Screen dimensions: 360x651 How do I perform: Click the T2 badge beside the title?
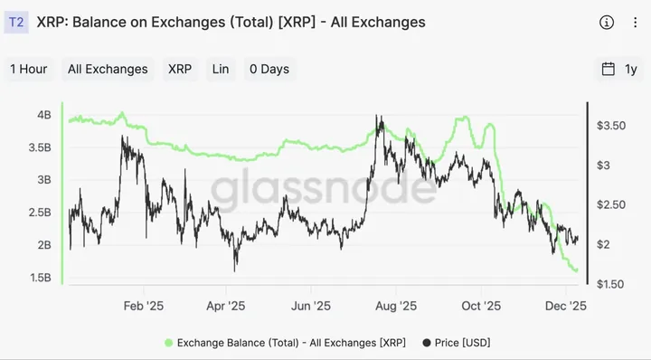tap(17, 22)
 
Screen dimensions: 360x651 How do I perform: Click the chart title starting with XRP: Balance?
tap(231, 22)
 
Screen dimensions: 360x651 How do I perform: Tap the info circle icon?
tap(606, 22)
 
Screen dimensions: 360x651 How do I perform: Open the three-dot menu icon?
tap(634, 22)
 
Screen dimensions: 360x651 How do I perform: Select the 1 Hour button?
tap(29, 69)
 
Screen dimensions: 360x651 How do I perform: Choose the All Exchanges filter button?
tap(108, 69)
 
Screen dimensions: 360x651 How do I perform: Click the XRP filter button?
tap(179, 69)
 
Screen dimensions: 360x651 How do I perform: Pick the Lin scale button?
tap(220, 69)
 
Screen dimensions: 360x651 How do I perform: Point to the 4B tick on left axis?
tap(43, 115)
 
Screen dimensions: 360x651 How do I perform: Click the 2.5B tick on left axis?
tap(41, 213)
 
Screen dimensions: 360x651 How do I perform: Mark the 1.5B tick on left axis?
tap(41, 278)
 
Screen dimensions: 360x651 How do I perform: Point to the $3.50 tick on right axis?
tap(611, 126)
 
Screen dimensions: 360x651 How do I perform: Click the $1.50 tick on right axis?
tap(611, 284)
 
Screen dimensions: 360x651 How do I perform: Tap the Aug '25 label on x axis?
tap(397, 306)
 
